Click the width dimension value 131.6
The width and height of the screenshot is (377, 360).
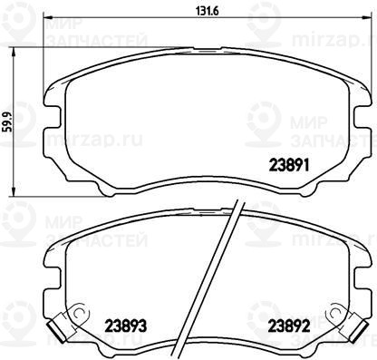tap(208, 12)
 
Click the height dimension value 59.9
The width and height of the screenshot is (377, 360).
tap(7, 122)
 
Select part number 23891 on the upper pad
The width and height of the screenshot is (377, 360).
tap(289, 165)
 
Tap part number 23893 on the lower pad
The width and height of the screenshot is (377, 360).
tap(126, 326)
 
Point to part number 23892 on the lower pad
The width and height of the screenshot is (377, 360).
tap(289, 326)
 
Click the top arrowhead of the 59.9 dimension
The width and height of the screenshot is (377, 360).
tap(14, 52)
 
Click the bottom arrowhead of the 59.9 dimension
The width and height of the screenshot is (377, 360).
tap(14, 191)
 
